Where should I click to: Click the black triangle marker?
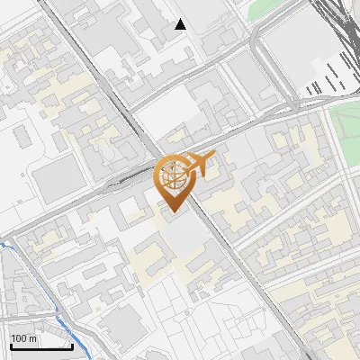click(x=181, y=24)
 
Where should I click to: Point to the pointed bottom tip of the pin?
click(x=172, y=212)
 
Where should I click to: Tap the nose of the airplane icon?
click(x=214, y=157)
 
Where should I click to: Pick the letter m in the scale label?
click(x=33, y=339)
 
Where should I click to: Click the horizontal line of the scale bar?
click(x=40, y=346)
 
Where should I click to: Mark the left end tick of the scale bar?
click(x=10, y=344)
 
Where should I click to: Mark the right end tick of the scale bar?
click(x=72, y=344)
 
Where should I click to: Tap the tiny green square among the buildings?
click(x=97, y=309)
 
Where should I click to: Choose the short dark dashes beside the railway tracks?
click(x=324, y=85)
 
